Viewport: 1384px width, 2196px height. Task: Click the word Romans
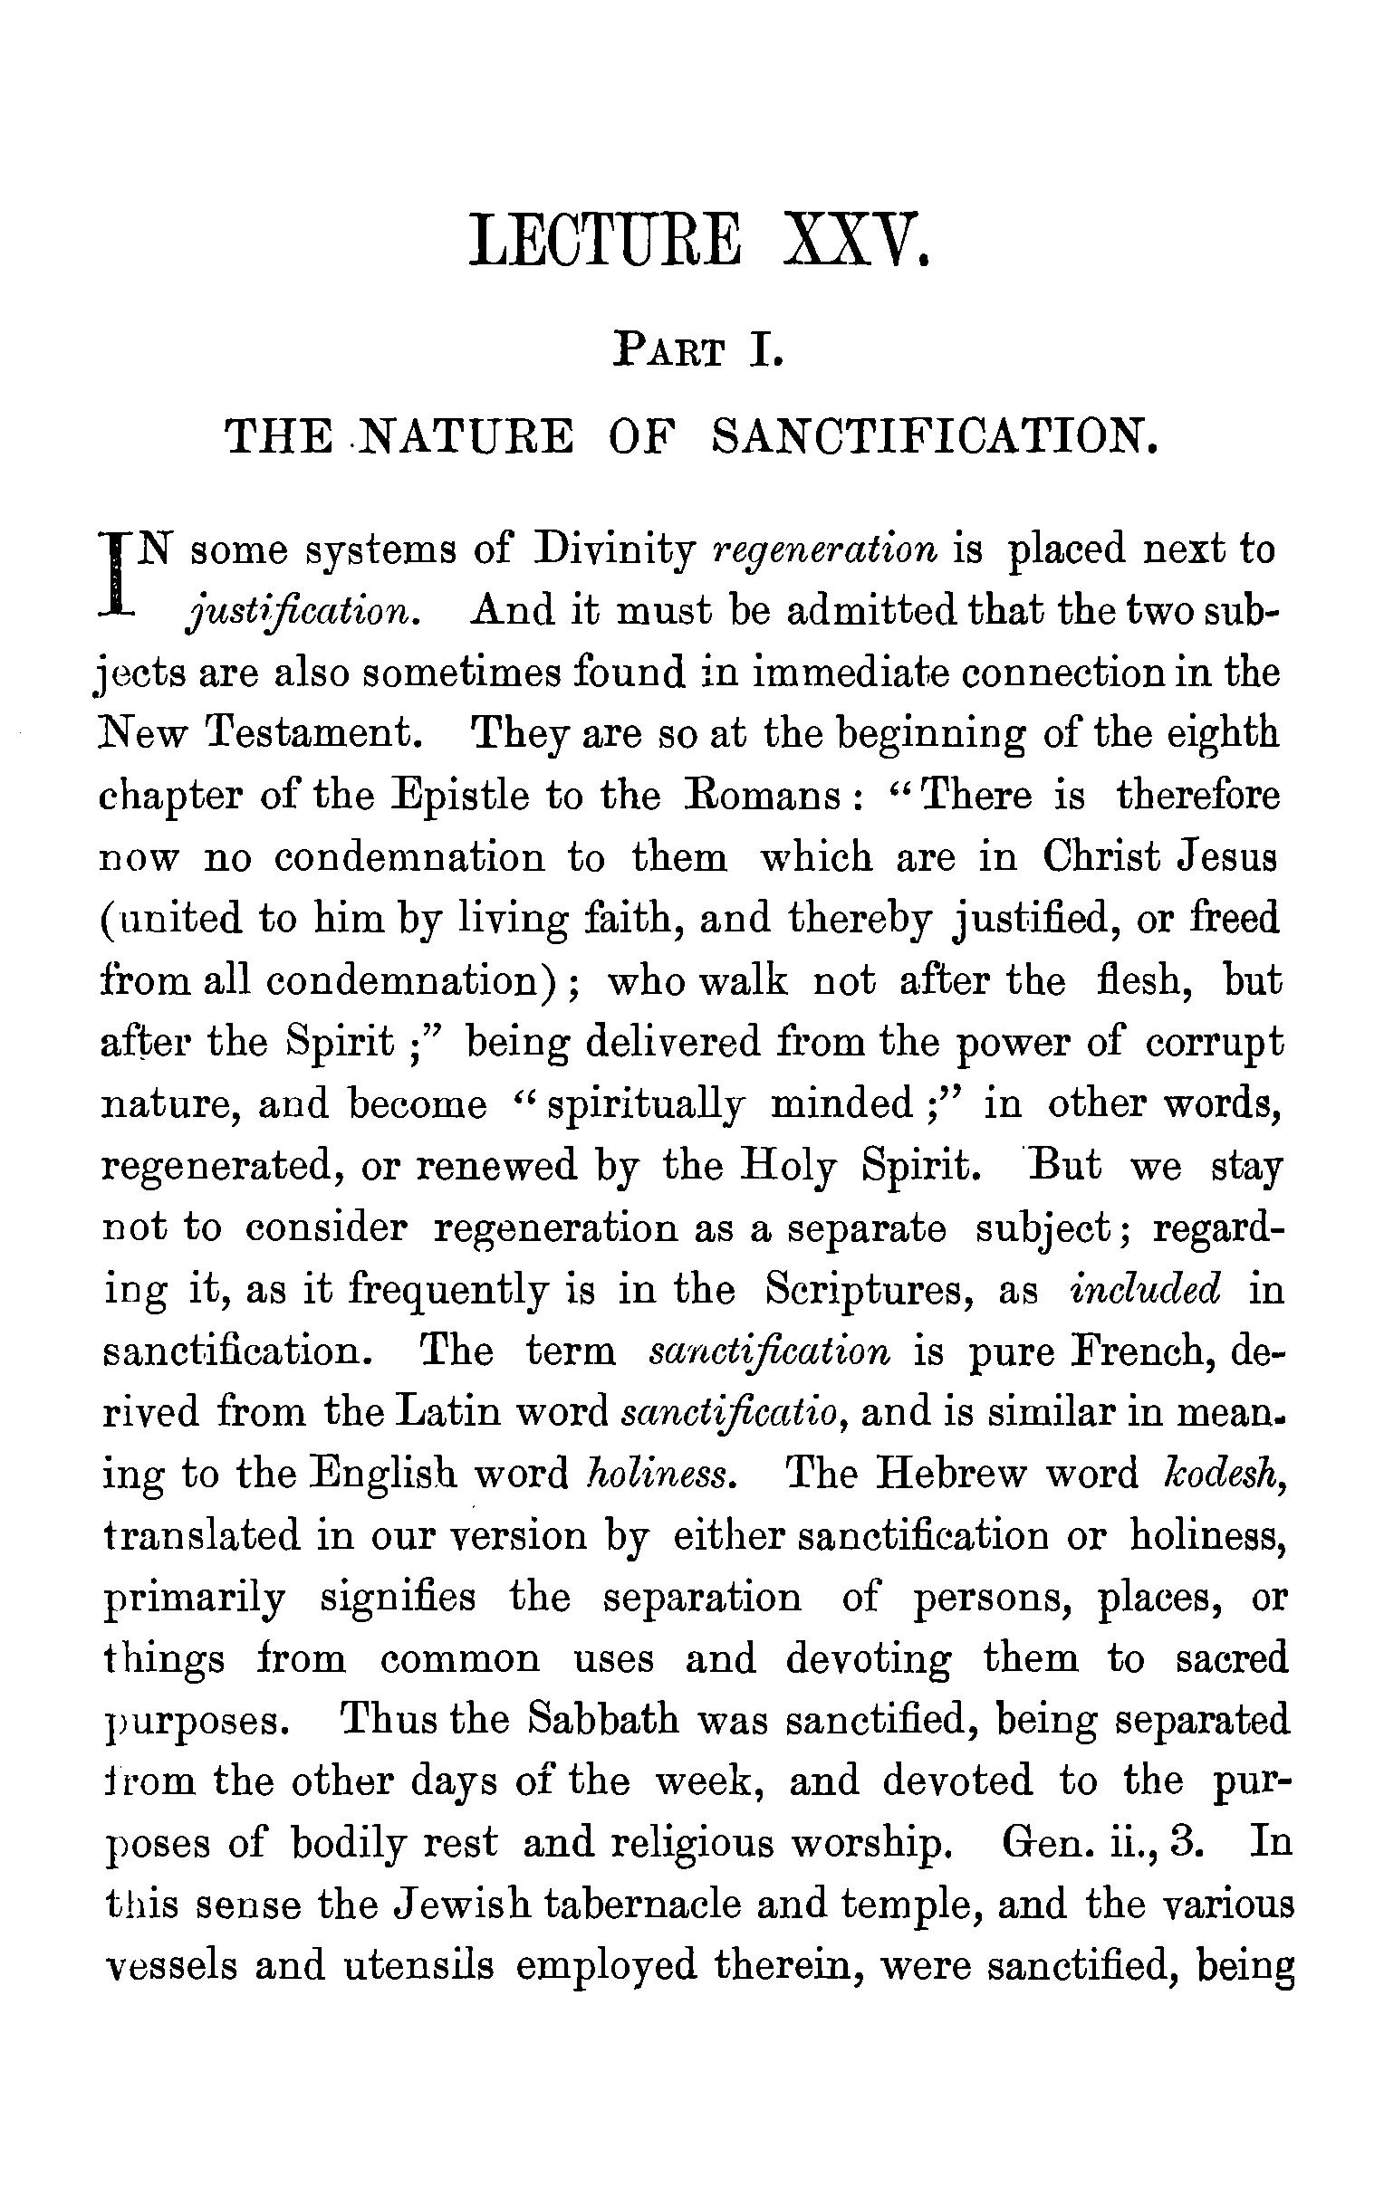point(761,797)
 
